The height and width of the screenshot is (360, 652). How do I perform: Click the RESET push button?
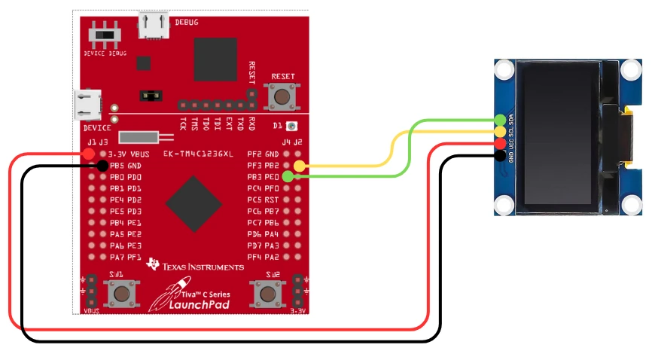click(283, 96)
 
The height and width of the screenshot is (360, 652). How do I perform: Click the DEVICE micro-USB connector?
click(88, 105)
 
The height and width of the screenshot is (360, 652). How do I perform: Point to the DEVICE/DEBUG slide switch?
click(107, 35)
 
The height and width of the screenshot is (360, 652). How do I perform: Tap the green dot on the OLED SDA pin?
click(501, 120)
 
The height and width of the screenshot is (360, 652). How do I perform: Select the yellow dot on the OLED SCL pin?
click(501, 132)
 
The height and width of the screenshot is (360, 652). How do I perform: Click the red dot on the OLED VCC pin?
click(501, 143)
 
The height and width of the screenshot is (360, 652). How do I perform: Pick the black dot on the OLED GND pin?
click(501, 155)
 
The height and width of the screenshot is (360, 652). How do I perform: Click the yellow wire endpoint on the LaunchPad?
click(299, 166)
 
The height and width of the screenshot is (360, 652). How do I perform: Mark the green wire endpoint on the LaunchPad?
click(288, 177)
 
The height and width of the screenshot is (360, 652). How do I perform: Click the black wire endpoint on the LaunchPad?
click(102, 165)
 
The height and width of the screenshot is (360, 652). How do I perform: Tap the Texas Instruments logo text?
click(201, 267)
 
